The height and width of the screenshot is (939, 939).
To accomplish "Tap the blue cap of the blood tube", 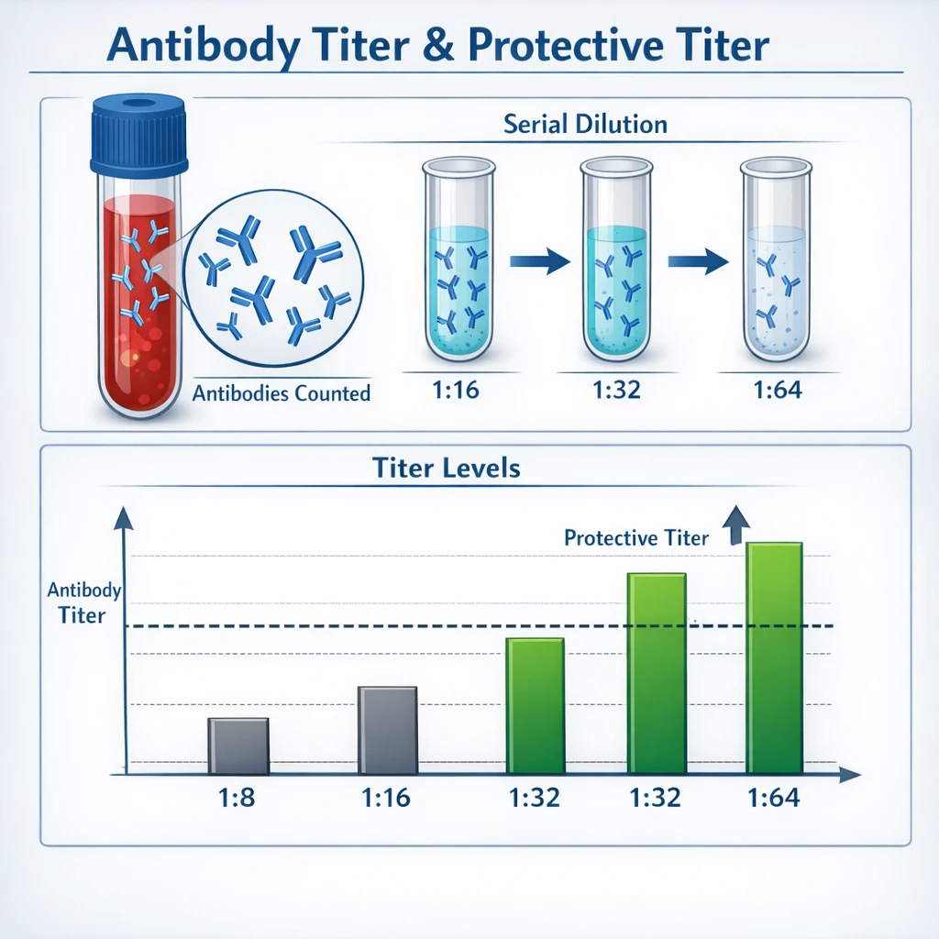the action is [x=139, y=136].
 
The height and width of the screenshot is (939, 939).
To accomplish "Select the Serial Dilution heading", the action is [x=585, y=124].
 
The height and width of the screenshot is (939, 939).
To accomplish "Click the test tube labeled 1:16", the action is [x=458, y=260].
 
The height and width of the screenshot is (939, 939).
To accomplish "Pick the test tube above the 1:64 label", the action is [x=776, y=260].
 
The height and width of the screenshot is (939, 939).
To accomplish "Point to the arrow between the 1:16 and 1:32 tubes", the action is [x=539, y=261].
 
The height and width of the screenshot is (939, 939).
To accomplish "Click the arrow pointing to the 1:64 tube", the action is [x=698, y=261].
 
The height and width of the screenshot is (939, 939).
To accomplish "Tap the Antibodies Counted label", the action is [x=282, y=393].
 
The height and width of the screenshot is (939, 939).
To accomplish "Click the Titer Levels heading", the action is [x=447, y=468].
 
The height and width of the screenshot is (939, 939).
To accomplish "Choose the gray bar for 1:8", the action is [x=238, y=746].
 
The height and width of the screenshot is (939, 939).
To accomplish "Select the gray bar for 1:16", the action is [x=388, y=730].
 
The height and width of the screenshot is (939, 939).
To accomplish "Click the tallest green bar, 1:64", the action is [x=774, y=658].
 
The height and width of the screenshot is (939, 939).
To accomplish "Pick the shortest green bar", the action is [x=536, y=706].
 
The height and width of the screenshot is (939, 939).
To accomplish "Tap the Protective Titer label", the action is [x=636, y=537].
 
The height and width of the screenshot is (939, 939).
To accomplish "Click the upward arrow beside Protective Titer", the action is [x=736, y=525].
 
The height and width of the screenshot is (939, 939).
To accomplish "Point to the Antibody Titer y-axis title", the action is [x=83, y=602].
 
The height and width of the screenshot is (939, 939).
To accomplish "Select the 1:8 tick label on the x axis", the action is [x=237, y=798].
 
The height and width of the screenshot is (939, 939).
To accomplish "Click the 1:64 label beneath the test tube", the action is [x=778, y=390].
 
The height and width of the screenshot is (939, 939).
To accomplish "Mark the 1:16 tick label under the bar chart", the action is [x=386, y=798].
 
